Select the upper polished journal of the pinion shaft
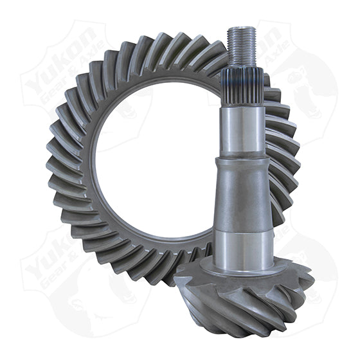(243, 125)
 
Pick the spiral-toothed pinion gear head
(244, 296)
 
